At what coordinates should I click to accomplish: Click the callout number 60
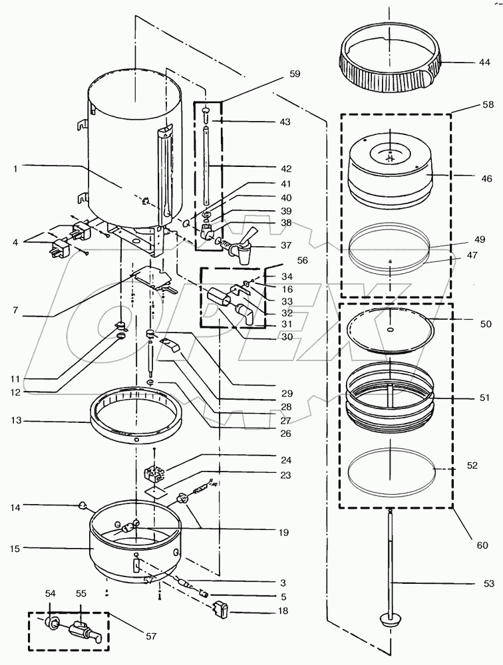[x=482, y=545]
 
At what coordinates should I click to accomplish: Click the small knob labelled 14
[x=82, y=505]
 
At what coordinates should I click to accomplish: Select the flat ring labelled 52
[x=391, y=468]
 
